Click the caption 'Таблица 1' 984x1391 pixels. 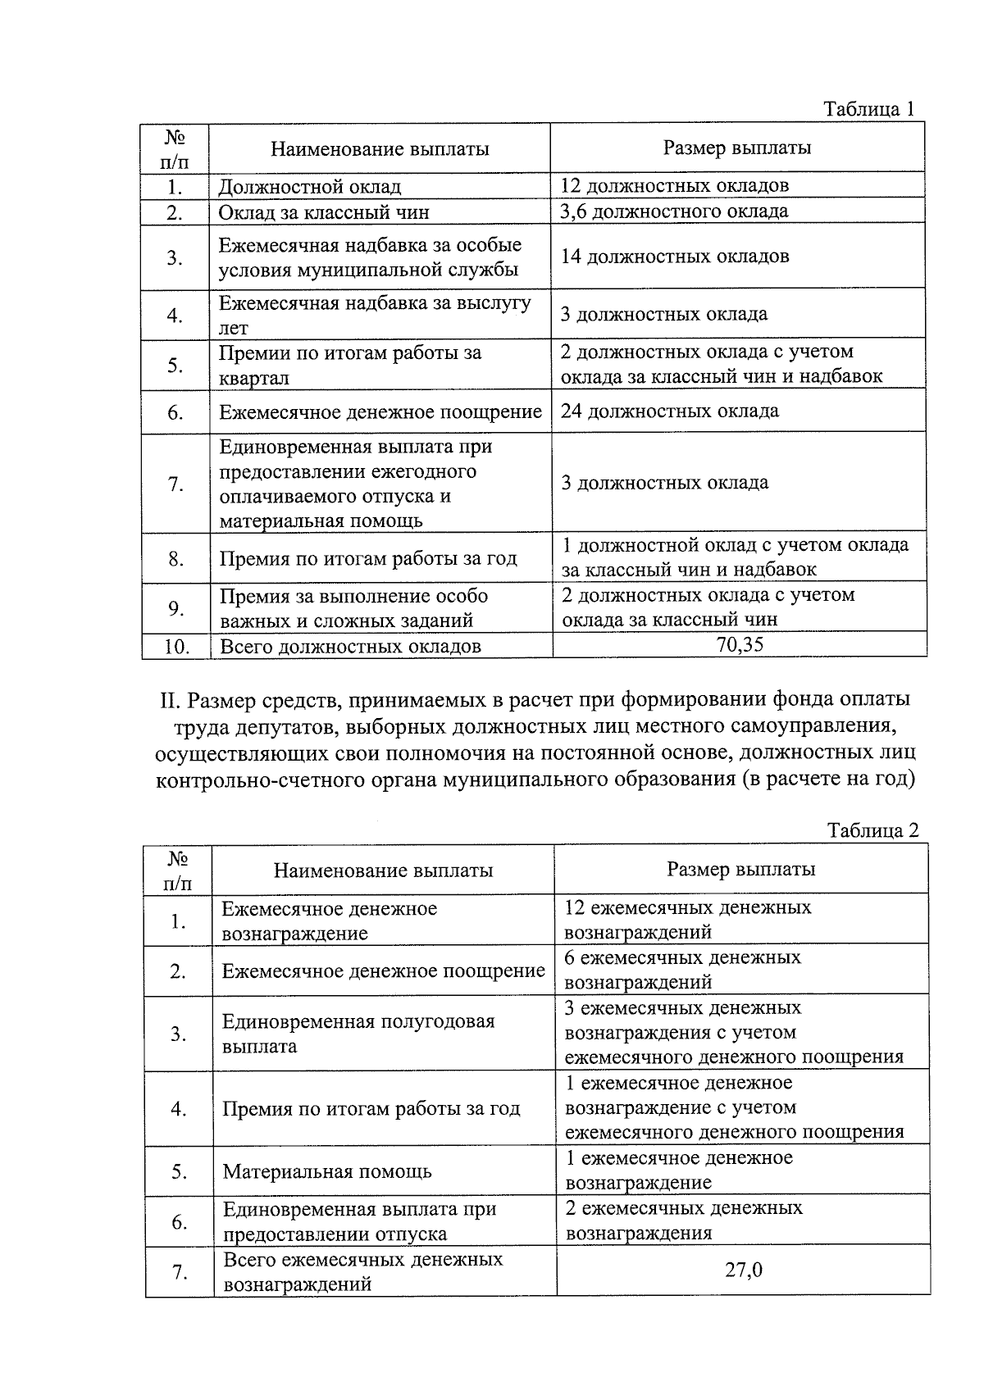pyautogui.click(x=868, y=110)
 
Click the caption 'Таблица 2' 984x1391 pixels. pyautogui.click(x=872, y=830)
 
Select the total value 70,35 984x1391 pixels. pyautogui.click(x=740, y=644)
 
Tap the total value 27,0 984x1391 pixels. pyautogui.click(x=744, y=1271)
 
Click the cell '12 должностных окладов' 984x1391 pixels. pyautogui.click(x=674, y=185)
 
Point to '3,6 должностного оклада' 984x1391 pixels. pyautogui.click(x=674, y=211)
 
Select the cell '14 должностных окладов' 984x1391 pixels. pyautogui.click(x=674, y=257)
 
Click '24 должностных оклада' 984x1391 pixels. pyautogui.click(x=669, y=411)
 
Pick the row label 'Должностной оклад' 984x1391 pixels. pyautogui.click(x=309, y=188)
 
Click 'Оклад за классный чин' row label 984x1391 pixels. pyautogui.click(x=323, y=213)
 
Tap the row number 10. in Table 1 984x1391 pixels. pyautogui.click(x=175, y=647)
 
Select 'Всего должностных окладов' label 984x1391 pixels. pyautogui.click(x=349, y=647)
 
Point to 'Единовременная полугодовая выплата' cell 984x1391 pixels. pyautogui.click(x=358, y=1034)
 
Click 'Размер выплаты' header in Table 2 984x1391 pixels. pyautogui.click(x=740, y=870)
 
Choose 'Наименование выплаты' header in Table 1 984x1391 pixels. pyautogui.click(x=380, y=149)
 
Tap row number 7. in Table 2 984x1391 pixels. pyautogui.click(x=180, y=1272)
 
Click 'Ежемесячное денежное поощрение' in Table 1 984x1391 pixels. pyautogui.click(x=380, y=412)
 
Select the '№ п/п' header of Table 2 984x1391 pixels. pyautogui.click(x=178, y=871)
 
